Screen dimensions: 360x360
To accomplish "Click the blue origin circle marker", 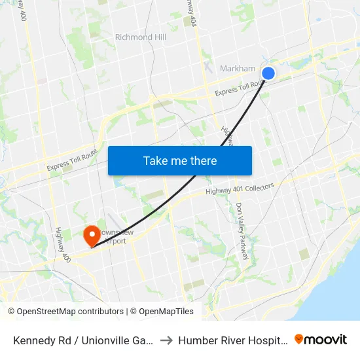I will tap(268, 73).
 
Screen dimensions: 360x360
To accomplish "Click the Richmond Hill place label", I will tap(141, 37).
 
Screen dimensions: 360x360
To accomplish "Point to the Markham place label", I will tap(237, 69).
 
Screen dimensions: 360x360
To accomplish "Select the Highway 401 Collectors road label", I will tap(240, 189).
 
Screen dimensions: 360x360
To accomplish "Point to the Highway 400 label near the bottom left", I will tap(60, 242).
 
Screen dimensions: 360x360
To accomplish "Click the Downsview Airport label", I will tap(108, 236).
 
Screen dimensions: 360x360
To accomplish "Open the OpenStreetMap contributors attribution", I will tap(65, 312).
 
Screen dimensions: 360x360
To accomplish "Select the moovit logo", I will tap(321, 339).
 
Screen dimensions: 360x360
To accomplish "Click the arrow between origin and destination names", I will tap(167, 340).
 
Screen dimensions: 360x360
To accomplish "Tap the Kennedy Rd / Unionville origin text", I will tap(84, 340).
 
